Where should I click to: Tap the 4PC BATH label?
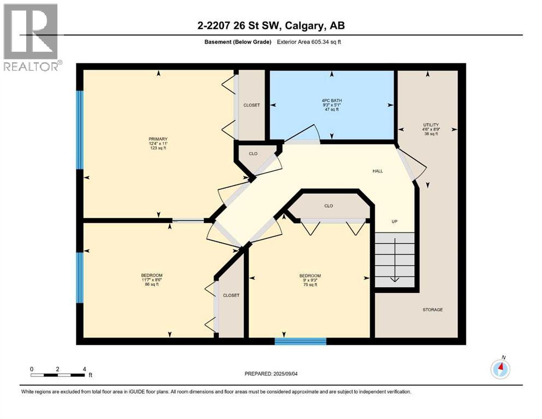[331, 99]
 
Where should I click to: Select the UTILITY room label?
[431, 125]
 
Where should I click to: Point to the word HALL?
[378, 171]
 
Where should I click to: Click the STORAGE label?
[432, 309]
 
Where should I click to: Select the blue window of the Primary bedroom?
[80, 130]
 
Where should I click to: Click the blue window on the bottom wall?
[300, 341]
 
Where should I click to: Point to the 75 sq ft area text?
[309, 284]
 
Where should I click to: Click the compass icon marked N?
[500, 369]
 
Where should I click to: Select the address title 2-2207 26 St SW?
[270, 25]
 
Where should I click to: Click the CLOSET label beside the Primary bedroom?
[252, 105]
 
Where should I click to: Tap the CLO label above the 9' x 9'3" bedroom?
[329, 206]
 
